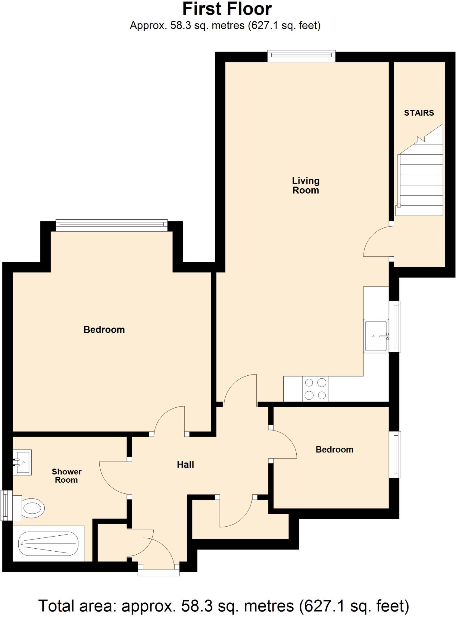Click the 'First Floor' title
click(x=227, y=9)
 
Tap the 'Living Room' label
click(x=305, y=185)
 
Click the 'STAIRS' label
click(x=419, y=113)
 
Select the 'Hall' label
click(x=185, y=465)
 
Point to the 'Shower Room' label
click(x=67, y=476)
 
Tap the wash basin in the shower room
click(x=22, y=462)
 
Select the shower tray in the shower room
click(x=48, y=544)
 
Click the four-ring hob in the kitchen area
click(x=315, y=389)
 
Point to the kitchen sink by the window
click(x=376, y=336)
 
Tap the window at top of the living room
click(x=301, y=56)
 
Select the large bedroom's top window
click(x=111, y=225)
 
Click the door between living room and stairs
click(x=376, y=243)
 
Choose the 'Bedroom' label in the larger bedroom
click(x=104, y=330)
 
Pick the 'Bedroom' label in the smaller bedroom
click(x=334, y=449)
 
